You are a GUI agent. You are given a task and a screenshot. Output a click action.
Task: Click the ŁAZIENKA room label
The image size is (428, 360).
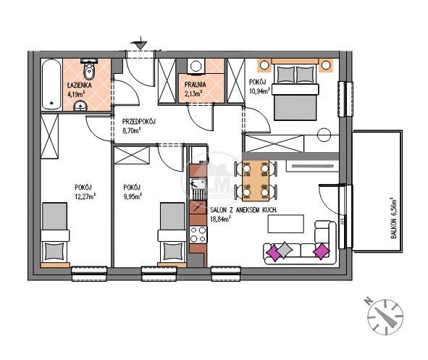point(80,85)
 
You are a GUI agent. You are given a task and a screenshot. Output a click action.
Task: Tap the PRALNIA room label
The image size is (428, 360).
point(195,85)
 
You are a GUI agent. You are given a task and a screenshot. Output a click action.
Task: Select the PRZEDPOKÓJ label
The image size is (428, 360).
point(138,122)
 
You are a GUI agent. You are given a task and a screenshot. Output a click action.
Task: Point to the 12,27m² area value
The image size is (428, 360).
point(85,196)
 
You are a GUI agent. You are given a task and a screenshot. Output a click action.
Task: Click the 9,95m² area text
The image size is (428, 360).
point(133,196)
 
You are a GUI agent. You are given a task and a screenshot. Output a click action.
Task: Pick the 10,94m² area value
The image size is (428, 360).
point(259,91)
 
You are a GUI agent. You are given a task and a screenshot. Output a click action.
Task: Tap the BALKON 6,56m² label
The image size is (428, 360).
point(393,218)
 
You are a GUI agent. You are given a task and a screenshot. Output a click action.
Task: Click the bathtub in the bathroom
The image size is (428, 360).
point(51,84)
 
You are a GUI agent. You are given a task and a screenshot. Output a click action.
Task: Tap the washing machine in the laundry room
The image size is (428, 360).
point(196,67)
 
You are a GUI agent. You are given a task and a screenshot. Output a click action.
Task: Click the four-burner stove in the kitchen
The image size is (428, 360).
point(198,235)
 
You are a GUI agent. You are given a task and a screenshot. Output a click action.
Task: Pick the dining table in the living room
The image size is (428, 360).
point(256,180)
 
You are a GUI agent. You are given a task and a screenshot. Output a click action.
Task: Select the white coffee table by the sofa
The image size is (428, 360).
point(286,224)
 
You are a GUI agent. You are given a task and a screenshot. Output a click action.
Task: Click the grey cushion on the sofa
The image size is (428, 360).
point(284,250)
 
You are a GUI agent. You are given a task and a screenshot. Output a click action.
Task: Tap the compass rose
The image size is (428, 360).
point(385,317)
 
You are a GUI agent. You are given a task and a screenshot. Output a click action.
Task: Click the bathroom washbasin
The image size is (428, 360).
point(80,106)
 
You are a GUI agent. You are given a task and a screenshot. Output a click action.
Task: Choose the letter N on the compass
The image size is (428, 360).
point(368,301)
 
